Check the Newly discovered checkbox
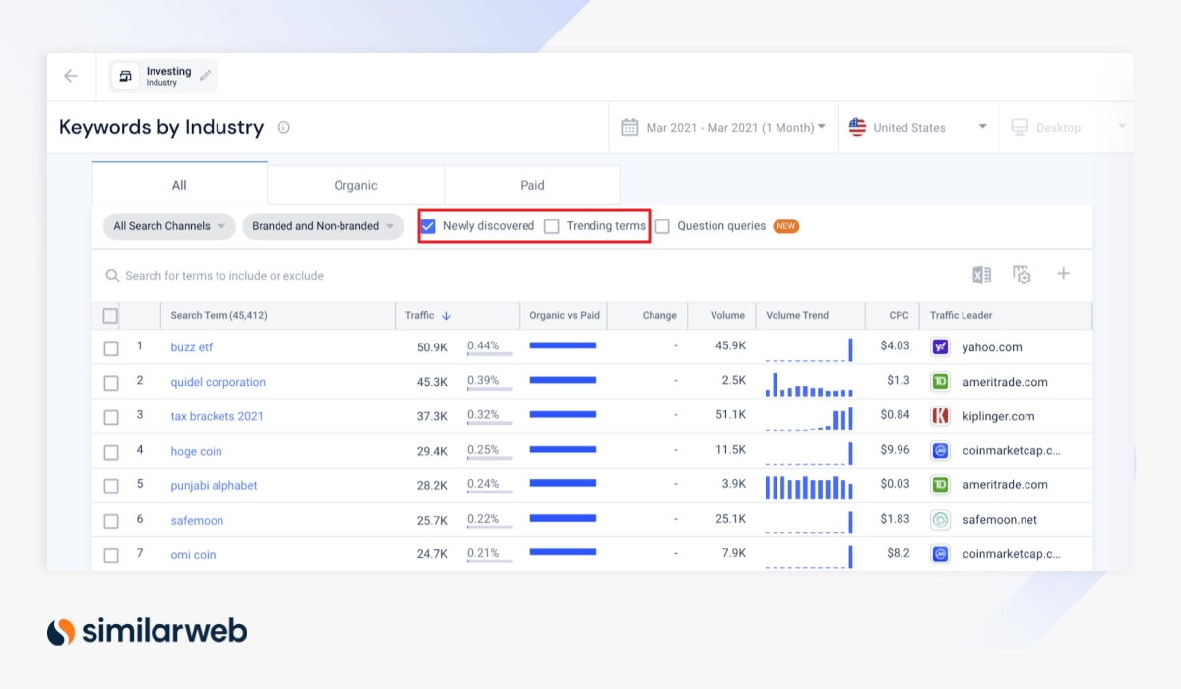[x=428, y=226]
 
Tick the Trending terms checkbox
[x=552, y=226]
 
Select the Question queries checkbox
[x=663, y=226]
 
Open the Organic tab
[x=355, y=185]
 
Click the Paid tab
[x=532, y=185]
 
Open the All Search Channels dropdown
[x=169, y=226]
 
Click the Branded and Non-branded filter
[x=323, y=226]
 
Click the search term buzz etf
[x=191, y=347]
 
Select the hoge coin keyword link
[x=196, y=451]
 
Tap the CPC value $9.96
[x=896, y=450]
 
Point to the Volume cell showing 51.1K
[x=729, y=415]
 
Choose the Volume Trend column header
[x=797, y=316]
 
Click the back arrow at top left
[x=71, y=76]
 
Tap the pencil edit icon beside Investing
[x=206, y=75]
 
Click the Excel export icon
[x=981, y=275]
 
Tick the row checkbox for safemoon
[x=111, y=521]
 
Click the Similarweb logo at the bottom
[x=148, y=631]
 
